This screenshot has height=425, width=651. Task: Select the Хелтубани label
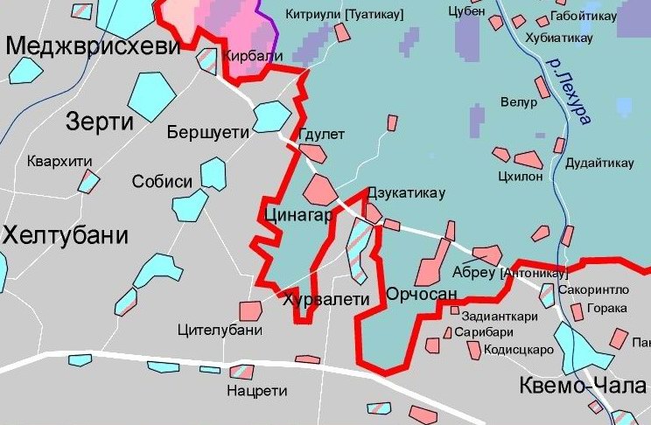click(65, 235)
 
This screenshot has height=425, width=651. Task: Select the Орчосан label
click(422, 295)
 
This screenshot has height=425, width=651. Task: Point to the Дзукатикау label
click(408, 193)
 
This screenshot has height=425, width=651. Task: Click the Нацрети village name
click(251, 390)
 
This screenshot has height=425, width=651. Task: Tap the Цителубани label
click(220, 331)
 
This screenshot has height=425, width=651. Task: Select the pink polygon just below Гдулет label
click(312, 153)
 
